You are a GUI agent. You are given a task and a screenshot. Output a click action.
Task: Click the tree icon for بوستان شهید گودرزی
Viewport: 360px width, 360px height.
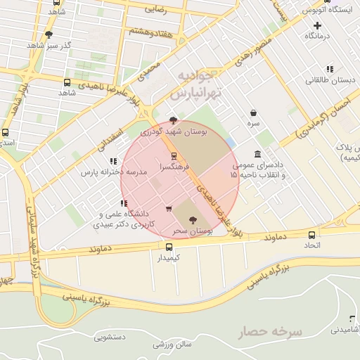pyautogui.click(x=174, y=120)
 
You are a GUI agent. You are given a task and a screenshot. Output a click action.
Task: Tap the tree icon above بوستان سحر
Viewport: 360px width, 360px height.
pyautogui.click(x=193, y=220)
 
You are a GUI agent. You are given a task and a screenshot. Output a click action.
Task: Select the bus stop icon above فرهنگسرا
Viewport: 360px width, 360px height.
pyautogui.click(x=174, y=156)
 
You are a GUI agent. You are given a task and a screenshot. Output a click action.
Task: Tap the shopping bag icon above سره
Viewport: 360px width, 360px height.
pyautogui.click(x=252, y=112)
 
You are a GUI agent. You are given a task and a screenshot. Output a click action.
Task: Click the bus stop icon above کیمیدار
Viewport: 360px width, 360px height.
pyautogui.click(x=169, y=247)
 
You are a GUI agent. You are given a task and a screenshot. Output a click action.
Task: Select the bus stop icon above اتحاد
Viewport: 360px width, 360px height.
pyautogui.click(x=311, y=233)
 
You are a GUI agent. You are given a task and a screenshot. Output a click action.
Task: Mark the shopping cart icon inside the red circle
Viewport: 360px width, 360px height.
pyautogui.click(x=168, y=208)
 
